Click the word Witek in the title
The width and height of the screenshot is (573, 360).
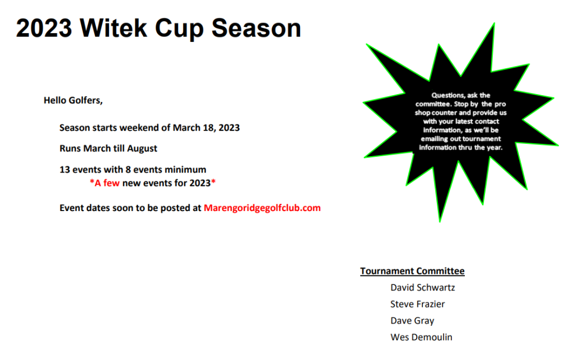[x=113, y=28]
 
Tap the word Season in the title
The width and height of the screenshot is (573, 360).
[x=256, y=28]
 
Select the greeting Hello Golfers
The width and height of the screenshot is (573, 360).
[x=73, y=100]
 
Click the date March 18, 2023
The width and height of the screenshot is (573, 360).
[x=206, y=128]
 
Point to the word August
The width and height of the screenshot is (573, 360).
[x=142, y=148]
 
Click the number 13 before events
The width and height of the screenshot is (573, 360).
[x=64, y=170]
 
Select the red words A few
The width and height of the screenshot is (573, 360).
[x=107, y=183]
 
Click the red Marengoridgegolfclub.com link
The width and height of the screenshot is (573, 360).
[x=262, y=208]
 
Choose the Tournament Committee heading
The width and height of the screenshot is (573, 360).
[x=412, y=271]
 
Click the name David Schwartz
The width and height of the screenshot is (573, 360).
[x=423, y=288]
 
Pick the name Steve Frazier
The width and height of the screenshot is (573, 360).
[x=418, y=304]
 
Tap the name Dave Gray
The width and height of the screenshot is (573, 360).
[x=412, y=321]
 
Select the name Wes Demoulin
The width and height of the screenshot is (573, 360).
[x=421, y=338]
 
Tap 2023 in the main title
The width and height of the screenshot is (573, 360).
[x=44, y=28]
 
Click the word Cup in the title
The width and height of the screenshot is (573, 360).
[x=179, y=29]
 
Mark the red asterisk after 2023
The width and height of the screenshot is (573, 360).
[x=213, y=181]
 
